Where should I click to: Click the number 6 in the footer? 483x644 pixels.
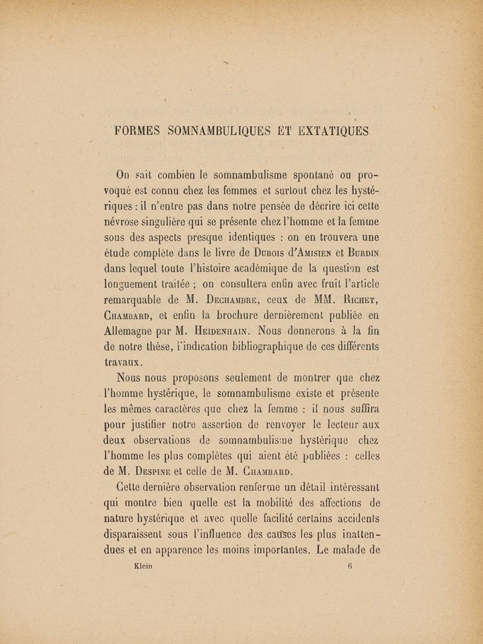click(350, 567)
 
